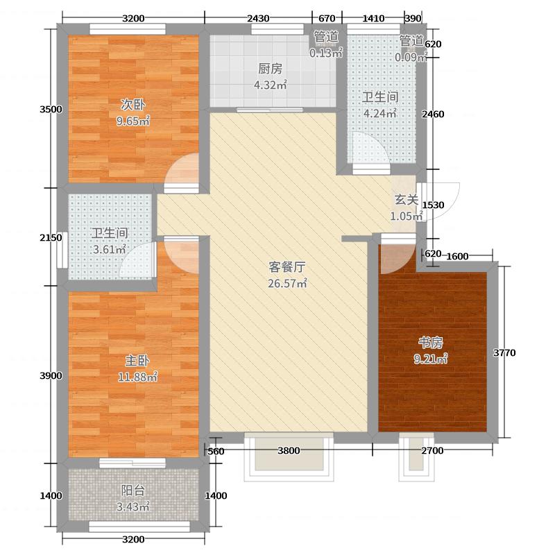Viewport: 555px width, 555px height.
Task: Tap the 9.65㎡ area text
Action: [133, 121]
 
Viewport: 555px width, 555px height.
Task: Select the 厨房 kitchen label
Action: [271, 69]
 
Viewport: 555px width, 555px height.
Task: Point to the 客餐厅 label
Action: [288, 267]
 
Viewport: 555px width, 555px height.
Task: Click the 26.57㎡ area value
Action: [288, 283]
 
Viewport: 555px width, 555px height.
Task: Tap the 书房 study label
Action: [430, 343]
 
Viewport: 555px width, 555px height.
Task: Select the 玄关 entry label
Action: [407, 200]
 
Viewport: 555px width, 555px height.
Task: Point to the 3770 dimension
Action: [504, 354]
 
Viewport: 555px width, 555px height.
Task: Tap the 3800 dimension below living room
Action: [289, 452]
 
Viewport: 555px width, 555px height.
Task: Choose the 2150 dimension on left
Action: [51, 238]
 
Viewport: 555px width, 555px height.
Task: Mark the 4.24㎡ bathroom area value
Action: [380, 114]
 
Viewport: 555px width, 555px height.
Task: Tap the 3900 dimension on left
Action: [51, 376]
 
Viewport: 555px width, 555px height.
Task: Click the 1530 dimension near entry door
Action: [433, 205]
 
